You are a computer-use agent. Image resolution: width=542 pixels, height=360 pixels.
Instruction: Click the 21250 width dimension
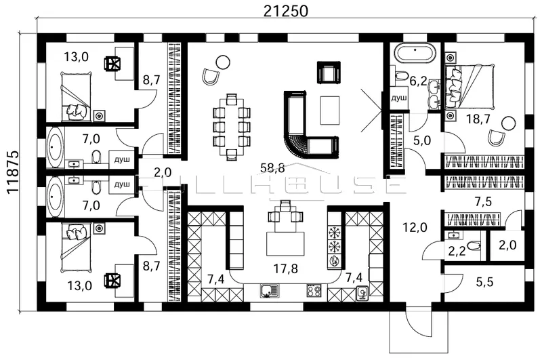click(x=285, y=11)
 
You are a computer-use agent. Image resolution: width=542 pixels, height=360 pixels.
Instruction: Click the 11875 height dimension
click(x=12, y=172)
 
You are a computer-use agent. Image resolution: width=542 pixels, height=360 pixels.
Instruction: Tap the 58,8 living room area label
click(x=272, y=168)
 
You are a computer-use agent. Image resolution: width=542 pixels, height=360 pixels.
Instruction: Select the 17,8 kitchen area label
click(x=286, y=268)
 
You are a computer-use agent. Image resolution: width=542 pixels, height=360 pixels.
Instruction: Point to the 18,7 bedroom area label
click(x=478, y=119)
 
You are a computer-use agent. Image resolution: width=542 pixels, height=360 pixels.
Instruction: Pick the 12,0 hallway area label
click(x=415, y=227)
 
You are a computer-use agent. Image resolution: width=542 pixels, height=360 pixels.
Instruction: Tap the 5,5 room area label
click(x=484, y=282)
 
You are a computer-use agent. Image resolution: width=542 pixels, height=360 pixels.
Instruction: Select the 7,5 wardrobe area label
click(x=483, y=201)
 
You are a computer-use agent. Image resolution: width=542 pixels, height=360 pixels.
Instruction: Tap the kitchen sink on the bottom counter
click(x=267, y=291)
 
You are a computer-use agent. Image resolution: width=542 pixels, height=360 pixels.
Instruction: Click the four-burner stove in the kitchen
click(x=314, y=291)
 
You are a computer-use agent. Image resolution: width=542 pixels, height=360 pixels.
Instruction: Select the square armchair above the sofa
click(x=329, y=72)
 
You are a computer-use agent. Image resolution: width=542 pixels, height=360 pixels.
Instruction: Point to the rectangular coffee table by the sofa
click(x=330, y=111)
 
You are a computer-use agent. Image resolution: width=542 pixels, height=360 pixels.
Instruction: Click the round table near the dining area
click(x=223, y=62)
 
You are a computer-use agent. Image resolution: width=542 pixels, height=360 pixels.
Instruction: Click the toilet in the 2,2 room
click(x=474, y=246)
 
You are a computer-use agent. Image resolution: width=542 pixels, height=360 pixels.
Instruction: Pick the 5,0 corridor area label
click(x=421, y=140)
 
